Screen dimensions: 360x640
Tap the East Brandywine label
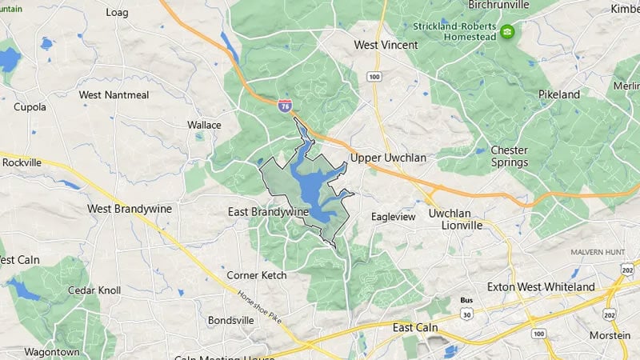point(267,211)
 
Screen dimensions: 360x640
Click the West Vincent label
point(386,46)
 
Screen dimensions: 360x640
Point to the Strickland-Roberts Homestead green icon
point(507,32)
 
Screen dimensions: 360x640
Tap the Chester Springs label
point(510,156)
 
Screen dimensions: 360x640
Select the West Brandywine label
point(130,208)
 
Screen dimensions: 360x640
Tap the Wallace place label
point(204,126)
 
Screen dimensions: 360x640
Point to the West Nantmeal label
point(114,95)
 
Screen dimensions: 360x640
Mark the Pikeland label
point(559,94)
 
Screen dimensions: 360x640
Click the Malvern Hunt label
point(598,252)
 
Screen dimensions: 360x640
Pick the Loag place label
point(117,13)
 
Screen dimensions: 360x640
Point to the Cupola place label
point(30,106)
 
